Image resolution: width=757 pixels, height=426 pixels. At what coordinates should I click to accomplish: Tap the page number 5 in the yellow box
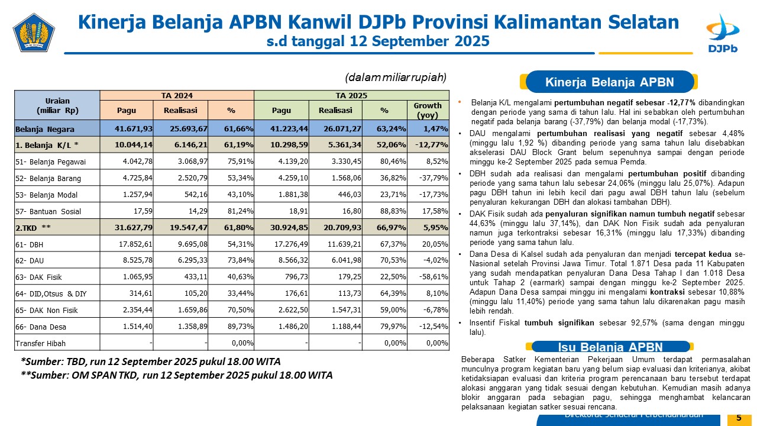pyautogui.click(x=739, y=418)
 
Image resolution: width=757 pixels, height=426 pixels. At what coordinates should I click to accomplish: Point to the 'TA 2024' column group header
pyautogui.click(x=177, y=95)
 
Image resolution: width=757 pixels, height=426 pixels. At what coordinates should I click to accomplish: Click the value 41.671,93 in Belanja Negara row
pyautogui.click(x=128, y=128)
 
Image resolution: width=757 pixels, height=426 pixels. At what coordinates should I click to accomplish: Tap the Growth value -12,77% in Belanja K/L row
pyautogui.click(x=429, y=145)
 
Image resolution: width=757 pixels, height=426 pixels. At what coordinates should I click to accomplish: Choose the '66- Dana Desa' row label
pyautogui.click(x=41, y=327)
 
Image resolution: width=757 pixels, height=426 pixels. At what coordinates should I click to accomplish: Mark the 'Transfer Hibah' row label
pyautogui.click(x=41, y=343)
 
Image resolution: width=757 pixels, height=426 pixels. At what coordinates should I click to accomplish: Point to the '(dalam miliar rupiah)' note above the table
pyautogui.click(x=395, y=78)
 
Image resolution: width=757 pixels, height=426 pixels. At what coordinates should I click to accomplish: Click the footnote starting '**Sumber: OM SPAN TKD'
pyautogui.click(x=176, y=375)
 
